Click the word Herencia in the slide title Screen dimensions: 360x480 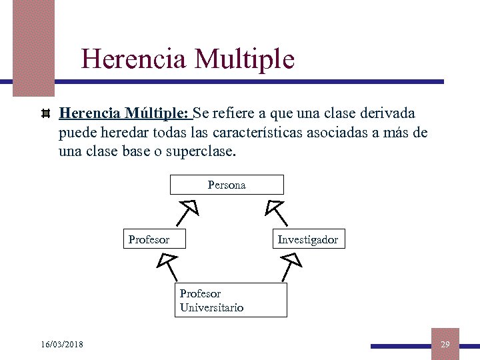pos(133,59)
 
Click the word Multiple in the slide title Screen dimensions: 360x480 pos(244,59)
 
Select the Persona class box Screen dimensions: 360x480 pos(227,185)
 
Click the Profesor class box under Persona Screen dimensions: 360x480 pos(153,239)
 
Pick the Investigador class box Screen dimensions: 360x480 pos(307,239)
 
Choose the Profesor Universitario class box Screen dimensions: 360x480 pos(231,300)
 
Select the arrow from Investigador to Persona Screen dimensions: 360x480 pos(277,213)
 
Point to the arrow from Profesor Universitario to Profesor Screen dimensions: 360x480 pos(167,266)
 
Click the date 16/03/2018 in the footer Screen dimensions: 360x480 pos(62,344)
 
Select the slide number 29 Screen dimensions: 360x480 pos(445,344)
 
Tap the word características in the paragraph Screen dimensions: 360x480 pos(258,132)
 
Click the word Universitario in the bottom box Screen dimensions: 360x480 pos(211,307)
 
